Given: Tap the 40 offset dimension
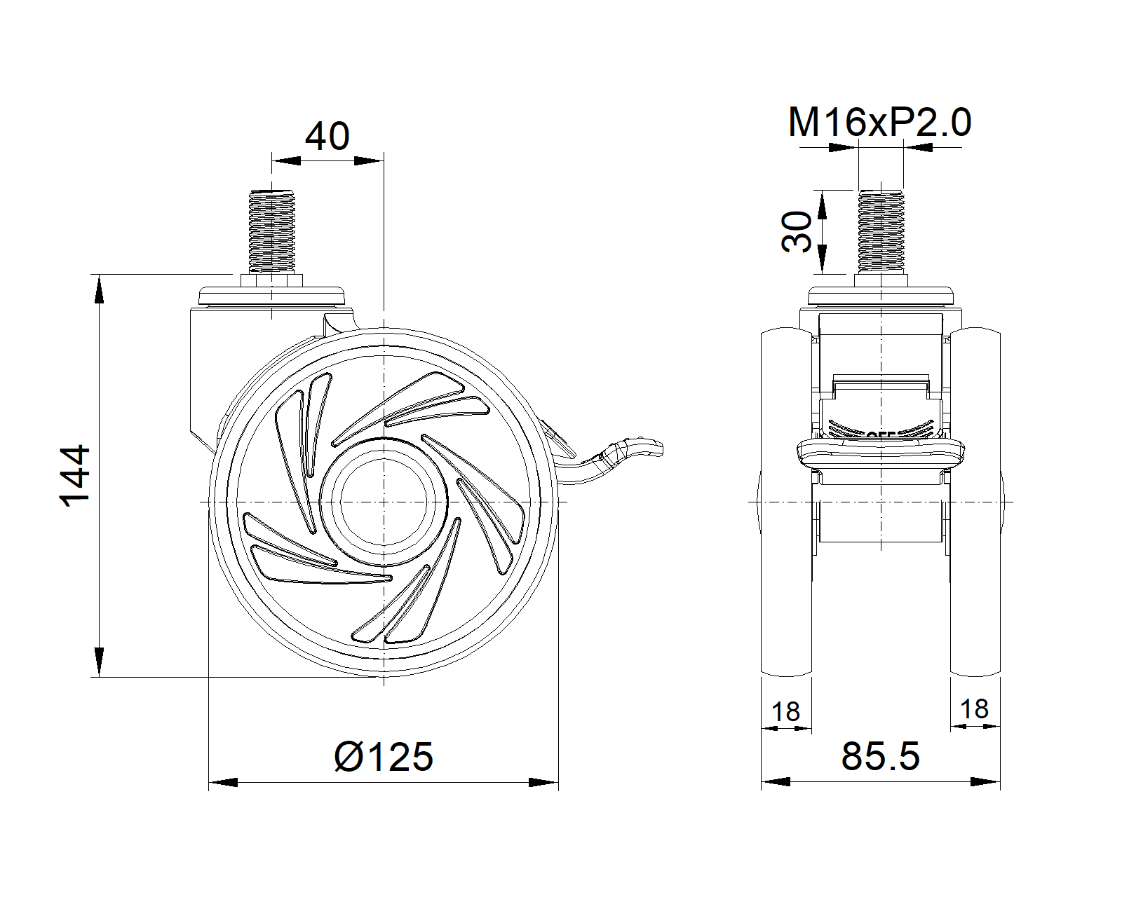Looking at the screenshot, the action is tap(327, 137).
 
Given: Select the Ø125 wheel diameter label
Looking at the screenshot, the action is tap(383, 757).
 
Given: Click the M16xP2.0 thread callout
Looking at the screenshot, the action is tap(879, 123).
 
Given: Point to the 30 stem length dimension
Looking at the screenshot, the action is tap(797, 232).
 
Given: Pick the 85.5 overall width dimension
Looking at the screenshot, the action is tap(881, 756).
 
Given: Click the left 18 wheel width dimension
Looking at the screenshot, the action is tap(785, 712).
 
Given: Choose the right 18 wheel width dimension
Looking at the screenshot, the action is tap(975, 709).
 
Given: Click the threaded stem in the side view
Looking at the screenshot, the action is tap(271, 231).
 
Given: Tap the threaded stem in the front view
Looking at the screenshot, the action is tap(881, 231).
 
